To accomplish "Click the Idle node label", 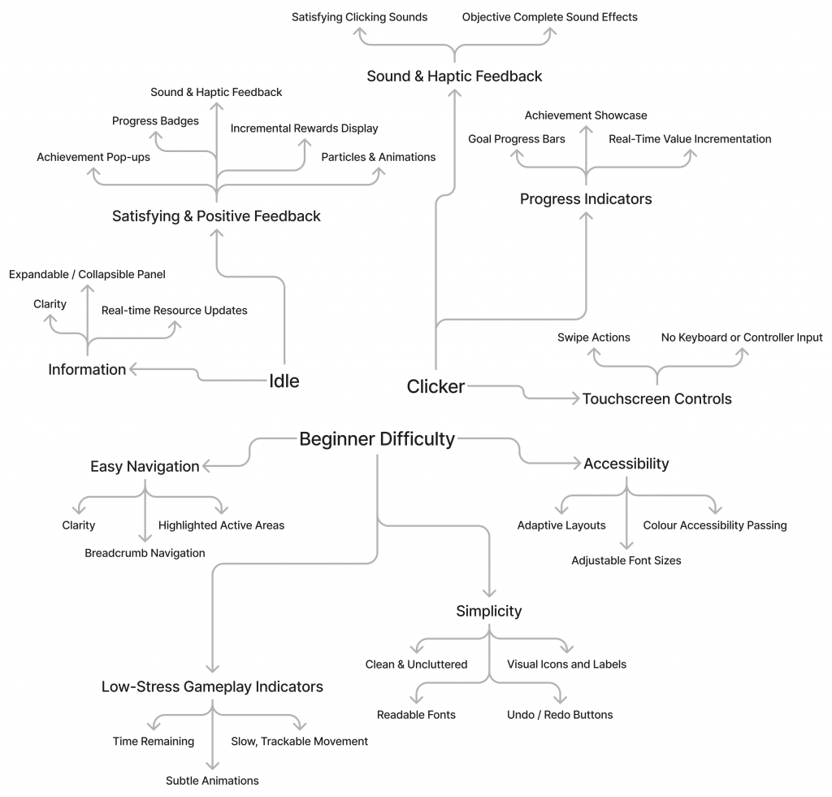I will (284, 381).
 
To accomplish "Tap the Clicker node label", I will (435, 386).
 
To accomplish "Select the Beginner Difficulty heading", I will (377, 439).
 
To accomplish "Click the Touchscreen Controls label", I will (656, 398).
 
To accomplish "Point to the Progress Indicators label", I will (585, 198).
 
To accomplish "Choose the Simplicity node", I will (488, 611).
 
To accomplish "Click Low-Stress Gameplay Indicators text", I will (212, 686).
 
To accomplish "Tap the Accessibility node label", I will (626, 464).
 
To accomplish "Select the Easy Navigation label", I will (145, 466).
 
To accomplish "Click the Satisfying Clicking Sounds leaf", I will (359, 17).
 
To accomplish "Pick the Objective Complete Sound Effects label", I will (549, 17).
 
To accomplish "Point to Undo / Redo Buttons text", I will (560, 715).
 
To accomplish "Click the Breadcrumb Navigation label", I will (145, 553).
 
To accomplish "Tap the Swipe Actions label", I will (593, 338).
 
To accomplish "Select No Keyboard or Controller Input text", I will (741, 338).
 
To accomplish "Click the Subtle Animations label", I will (212, 781).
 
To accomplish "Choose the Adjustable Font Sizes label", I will (626, 560).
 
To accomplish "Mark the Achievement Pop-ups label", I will (93, 157).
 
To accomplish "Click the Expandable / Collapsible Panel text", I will (87, 275).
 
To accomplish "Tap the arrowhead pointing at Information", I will (133, 369).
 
